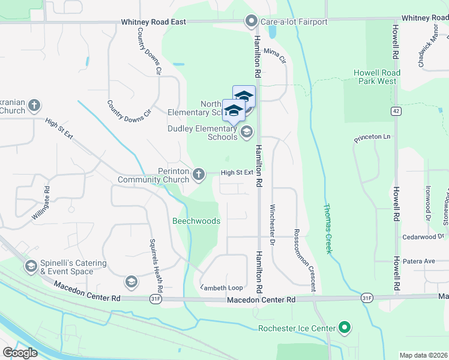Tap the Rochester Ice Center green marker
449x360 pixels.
(x=344, y=328)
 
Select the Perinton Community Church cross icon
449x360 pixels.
(x=199, y=175)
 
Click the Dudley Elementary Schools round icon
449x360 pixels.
(x=245, y=133)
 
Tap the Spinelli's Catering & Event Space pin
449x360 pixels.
(x=31, y=266)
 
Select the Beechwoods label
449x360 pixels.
(x=196, y=221)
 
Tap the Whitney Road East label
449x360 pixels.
(x=153, y=22)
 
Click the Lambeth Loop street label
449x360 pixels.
(x=221, y=287)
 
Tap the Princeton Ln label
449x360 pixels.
(x=372, y=137)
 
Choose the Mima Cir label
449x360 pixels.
(x=276, y=56)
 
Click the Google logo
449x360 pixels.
(x=20, y=353)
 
